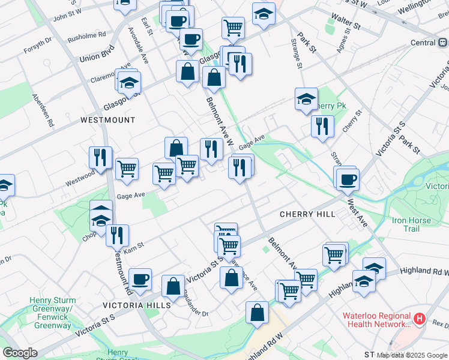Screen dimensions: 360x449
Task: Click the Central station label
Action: coord(423,43)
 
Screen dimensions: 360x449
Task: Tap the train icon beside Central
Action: coord(442,43)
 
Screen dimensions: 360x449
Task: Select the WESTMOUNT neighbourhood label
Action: coord(108,120)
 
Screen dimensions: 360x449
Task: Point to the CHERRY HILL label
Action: coord(303,214)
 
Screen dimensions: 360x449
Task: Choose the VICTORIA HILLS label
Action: coord(137,305)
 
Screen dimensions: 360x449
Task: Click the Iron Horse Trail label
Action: coord(411,224)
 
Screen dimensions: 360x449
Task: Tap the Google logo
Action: coord(20,353)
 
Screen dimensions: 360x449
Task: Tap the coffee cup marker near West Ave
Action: coord(347,178)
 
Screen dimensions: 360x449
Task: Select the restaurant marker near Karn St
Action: coord(117,234)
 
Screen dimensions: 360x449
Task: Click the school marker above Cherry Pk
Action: coord(306,98)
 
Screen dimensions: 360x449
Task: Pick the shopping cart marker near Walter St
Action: coord(233,26)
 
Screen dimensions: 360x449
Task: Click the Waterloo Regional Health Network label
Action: coord(377,320)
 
